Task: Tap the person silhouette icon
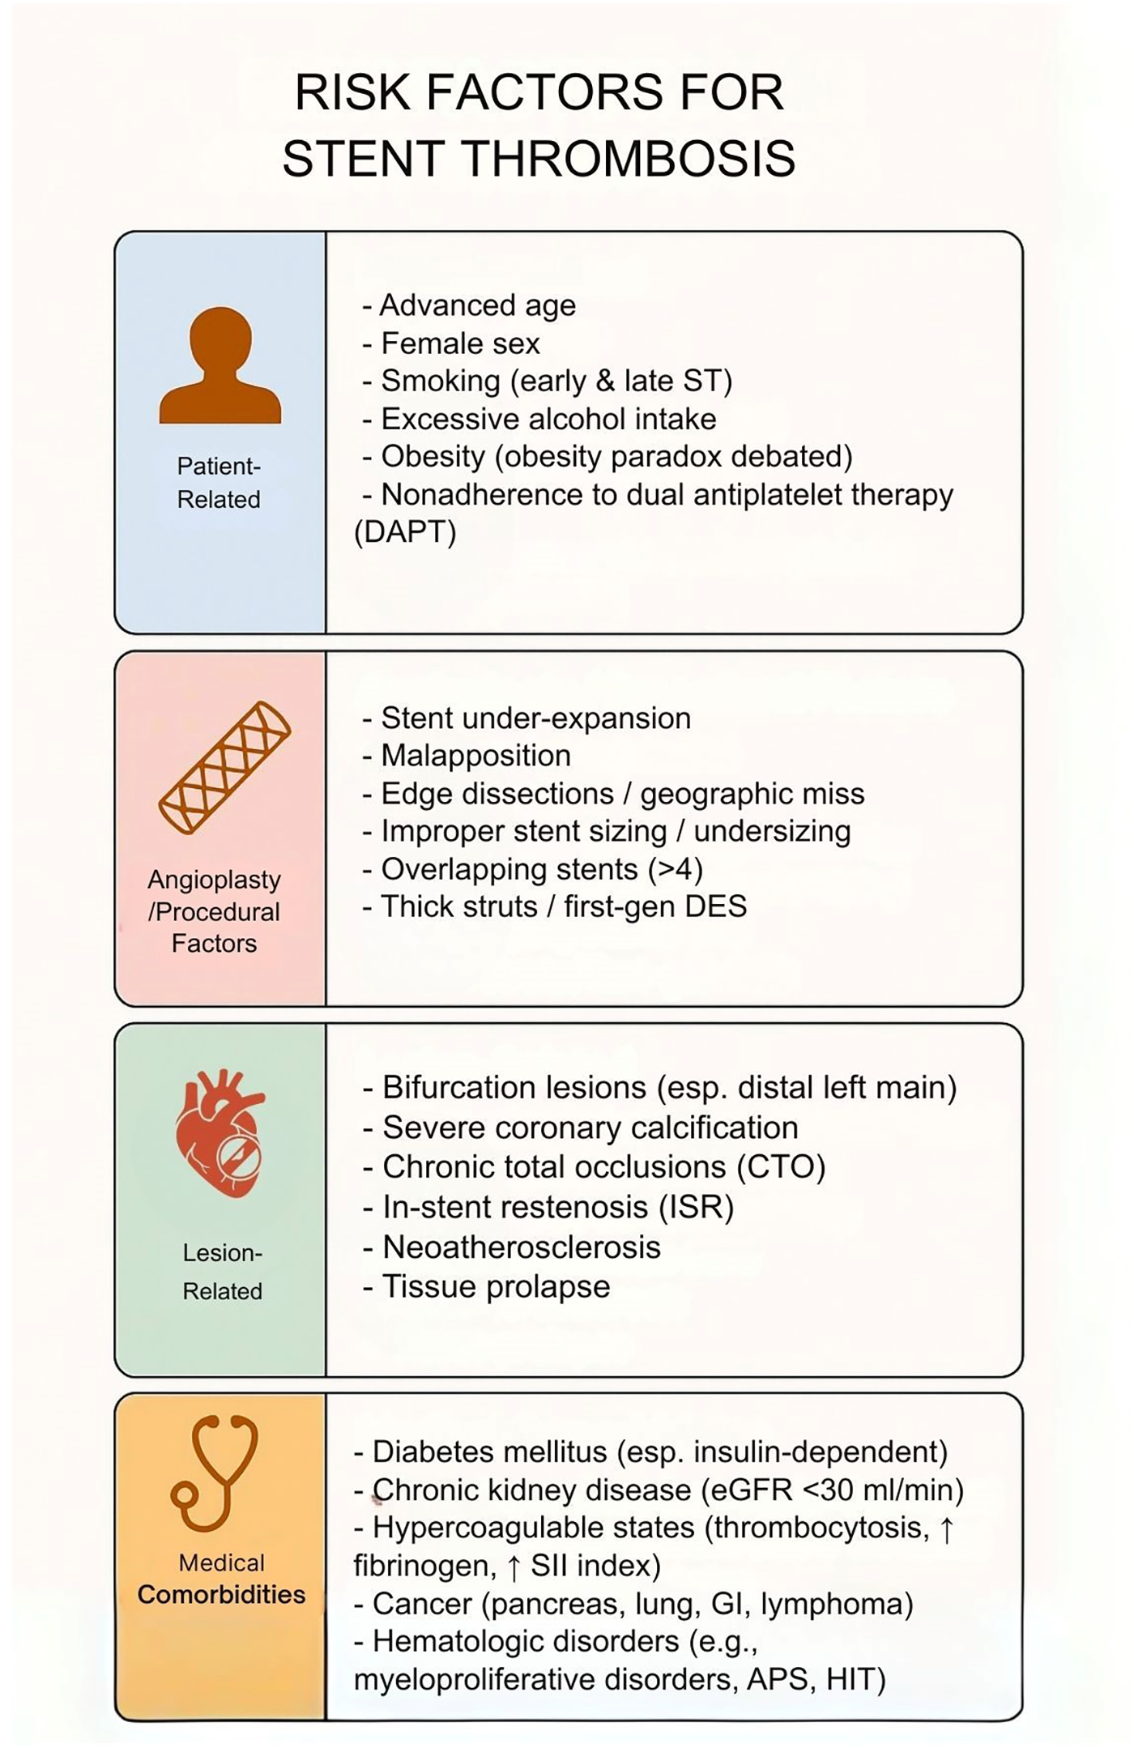(220, 366)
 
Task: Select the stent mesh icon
(224, 767)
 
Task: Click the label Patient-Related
(219, 483)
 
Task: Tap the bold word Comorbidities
(221, 1595)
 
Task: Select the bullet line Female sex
(459, 343)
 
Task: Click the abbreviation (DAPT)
(405, 532)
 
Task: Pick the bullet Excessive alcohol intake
(548, 419)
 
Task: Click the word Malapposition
(475, 756)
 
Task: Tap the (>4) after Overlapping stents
(676, 869)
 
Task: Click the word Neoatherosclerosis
(521, 1247)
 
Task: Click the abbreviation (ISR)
(697, 1207)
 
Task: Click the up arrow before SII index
(513, 1566)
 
